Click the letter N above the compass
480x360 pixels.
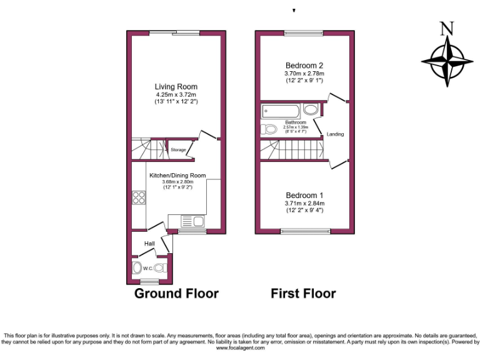(x=446, y=29)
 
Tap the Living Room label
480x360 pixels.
(x=176, y=87)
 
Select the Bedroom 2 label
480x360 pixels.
(x=304, y=66)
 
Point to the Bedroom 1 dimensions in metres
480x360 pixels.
(x=305, y=203)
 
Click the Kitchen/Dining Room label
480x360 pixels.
(x=177, y=176)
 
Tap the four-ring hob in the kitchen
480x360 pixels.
(x=139, y=197)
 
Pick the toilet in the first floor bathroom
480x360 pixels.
(x=269, y=130)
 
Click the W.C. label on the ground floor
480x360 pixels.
(x=147, y=269)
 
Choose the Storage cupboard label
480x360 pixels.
(x=178, y=150)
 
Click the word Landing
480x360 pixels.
(x=335, y=134)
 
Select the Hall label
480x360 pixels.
(x=150, y=243)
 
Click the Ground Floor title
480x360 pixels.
(x=177, y=293)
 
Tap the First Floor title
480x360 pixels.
(x=303, y=293)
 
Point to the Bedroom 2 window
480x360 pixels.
(x=304, y=33)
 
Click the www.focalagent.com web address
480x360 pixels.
(x=239, y=348)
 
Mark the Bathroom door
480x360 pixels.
(x=321, y=125)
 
